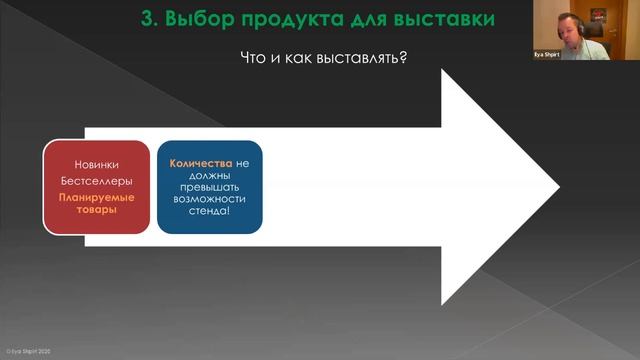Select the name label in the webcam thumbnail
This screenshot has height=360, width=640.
point(547,54)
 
